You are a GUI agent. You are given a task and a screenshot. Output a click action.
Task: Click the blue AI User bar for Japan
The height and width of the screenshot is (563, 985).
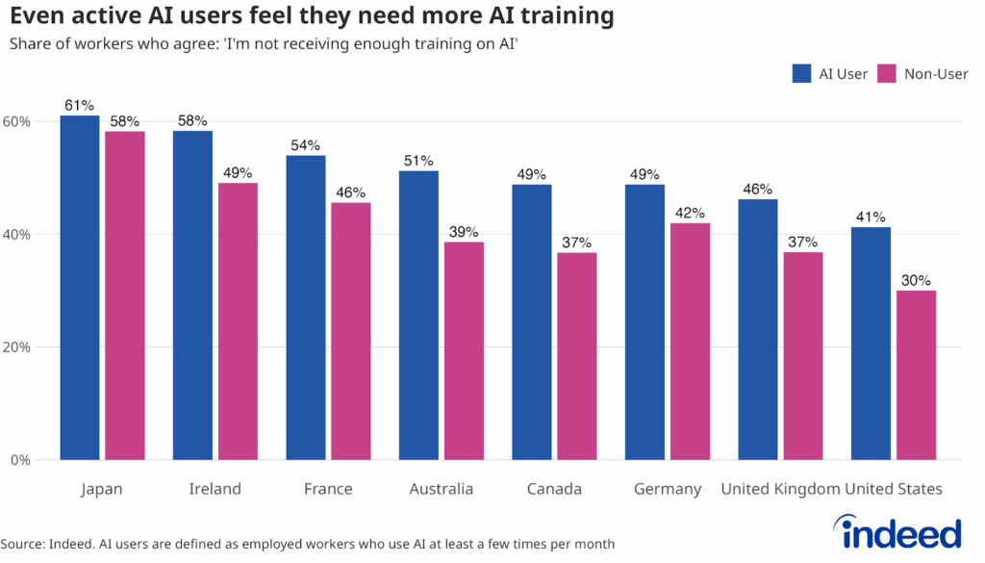(80, 289)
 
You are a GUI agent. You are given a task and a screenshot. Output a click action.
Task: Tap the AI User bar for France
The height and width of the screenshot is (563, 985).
(306, 308)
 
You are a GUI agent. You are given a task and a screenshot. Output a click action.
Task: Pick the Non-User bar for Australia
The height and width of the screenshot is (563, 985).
(464, 350)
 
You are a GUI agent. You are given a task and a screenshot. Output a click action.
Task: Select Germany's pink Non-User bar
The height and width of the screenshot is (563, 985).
(690, 342)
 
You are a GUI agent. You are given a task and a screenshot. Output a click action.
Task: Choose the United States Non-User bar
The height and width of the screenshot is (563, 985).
(916, 375)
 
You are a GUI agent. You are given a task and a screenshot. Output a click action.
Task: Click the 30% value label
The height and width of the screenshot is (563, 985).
(916, 280)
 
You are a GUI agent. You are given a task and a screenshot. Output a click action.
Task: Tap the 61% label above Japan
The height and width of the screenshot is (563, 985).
(80, 105)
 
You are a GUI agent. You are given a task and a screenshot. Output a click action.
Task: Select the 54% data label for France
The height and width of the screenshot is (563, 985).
(306, 145)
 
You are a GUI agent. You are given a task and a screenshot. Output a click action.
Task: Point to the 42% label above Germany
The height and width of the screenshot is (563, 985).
(690, 213)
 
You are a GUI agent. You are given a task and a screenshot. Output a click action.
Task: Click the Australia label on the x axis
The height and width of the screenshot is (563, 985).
(442, 489)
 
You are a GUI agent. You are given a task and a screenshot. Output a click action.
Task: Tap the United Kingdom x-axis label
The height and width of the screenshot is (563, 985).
(780, 489)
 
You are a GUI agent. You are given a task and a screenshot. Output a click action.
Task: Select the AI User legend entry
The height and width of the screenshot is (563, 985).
(829, 74)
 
